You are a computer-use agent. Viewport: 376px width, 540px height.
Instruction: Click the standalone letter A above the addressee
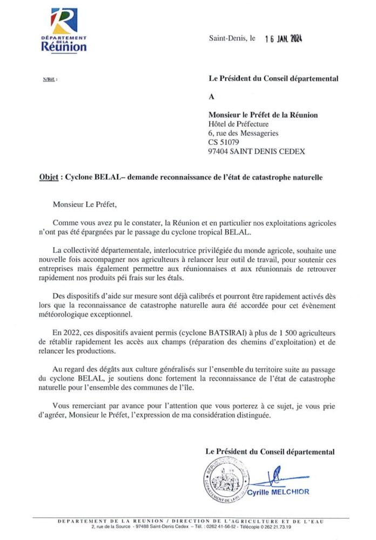(211, 97)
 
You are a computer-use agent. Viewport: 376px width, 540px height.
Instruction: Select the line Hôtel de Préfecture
(238, 124)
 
